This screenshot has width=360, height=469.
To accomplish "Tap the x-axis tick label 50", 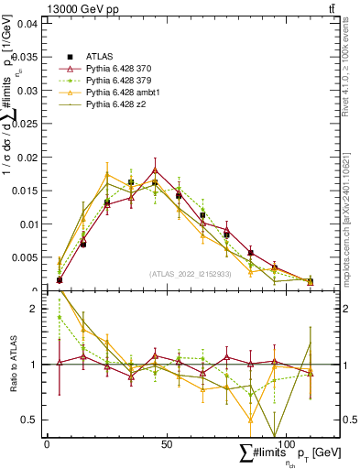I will [166, 443].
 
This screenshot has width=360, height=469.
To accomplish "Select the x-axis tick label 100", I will [285, 443].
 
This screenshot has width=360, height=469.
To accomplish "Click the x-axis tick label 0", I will [47, 443].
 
